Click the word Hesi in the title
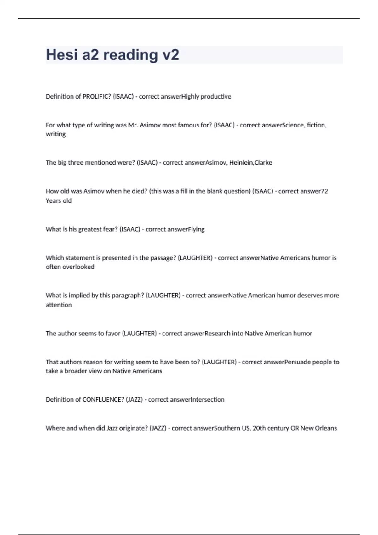61,55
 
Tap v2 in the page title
170,55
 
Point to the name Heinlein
241,163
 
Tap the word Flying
196,229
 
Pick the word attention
59,305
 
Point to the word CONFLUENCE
103,400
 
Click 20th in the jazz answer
259,428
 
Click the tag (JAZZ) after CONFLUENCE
135,400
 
